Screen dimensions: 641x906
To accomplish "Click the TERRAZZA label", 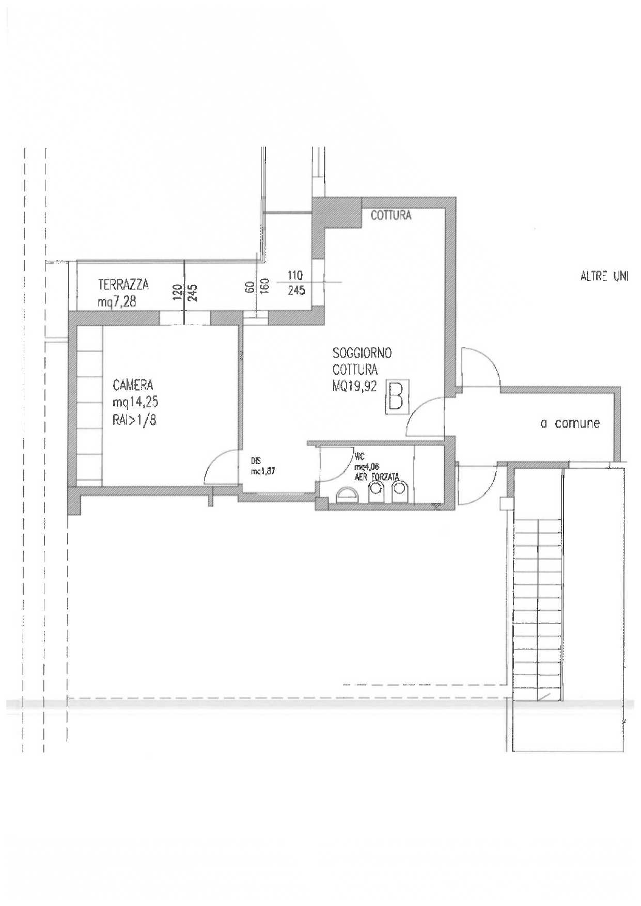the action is [123, 284].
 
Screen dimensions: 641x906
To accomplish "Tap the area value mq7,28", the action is [117, 301].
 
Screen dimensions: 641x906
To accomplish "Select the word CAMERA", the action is [133, 385].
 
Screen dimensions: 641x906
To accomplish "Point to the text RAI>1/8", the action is [134, 420].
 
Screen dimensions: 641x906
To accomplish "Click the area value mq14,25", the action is [135, 402].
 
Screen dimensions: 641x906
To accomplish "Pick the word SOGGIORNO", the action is [362, 353].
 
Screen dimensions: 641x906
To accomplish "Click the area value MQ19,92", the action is [355, 386].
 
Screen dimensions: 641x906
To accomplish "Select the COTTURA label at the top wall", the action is [391, 215].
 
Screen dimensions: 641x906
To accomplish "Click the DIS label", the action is [256, 461].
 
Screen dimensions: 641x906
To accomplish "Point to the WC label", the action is [359, 457].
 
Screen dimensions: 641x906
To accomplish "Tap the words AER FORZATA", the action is [377, 478].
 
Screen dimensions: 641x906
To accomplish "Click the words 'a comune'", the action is [570, 423].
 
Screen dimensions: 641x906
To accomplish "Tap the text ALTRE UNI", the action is [604, 276].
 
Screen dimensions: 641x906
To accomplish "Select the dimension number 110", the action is [295, 275].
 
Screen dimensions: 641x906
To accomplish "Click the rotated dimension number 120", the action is [177, 292].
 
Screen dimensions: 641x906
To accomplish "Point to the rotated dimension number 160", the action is [264, 286].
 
